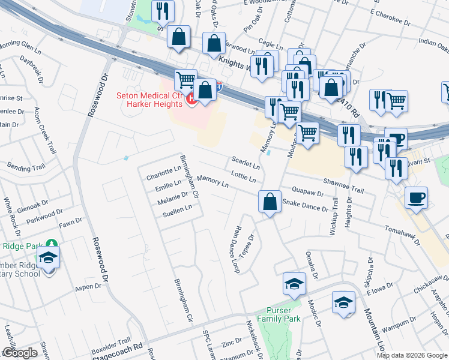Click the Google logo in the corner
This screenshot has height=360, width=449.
tap(20, 353)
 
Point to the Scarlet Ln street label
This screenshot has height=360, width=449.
tap(246, 162)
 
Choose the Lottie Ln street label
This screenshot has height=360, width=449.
tap(244, 176)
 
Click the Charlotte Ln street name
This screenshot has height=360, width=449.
tap(164, 173)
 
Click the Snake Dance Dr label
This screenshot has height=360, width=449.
tap(306, 206)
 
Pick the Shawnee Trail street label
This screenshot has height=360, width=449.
tap(343, 186)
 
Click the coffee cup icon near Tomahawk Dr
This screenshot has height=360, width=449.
tap(416, 198)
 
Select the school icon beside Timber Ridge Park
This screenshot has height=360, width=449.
tap(48, 259)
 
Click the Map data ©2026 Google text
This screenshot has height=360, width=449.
tap(412, 355)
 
